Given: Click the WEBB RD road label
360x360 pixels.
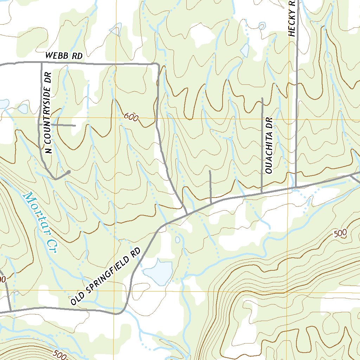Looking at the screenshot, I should click(64, 56).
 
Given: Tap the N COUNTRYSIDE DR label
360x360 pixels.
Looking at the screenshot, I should click(49, 113).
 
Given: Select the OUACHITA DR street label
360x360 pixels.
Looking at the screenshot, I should click(269, 146).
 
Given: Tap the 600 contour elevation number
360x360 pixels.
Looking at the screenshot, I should click(131, 117).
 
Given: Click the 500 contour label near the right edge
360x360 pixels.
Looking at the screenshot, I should click(340, 233).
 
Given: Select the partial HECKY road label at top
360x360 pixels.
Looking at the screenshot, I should click(291, 18).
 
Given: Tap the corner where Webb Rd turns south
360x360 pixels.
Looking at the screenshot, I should click(157, 64).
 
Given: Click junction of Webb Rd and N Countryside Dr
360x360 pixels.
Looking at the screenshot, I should click(41, 63).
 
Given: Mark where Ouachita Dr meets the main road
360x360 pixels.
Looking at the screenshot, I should click(262, 192).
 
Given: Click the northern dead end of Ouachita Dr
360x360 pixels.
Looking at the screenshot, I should click(262, 98).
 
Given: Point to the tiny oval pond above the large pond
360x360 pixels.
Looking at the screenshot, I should click(178, 240).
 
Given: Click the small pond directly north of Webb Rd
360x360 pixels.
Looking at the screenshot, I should click(116, 30).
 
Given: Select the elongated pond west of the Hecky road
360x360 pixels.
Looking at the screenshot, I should click(245, 50).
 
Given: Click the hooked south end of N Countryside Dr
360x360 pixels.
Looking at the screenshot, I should click(69, 172).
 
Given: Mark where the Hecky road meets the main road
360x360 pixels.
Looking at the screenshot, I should click(296, 187).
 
